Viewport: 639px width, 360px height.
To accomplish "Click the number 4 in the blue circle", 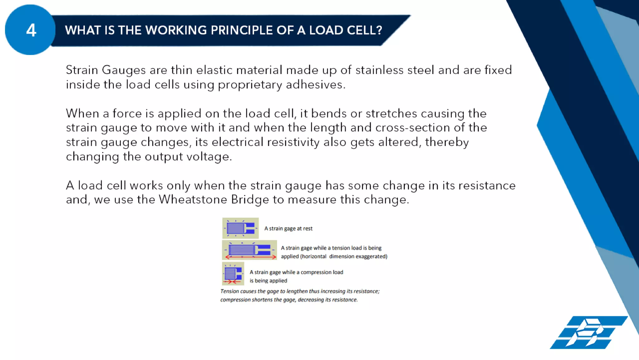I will tap(31, 30).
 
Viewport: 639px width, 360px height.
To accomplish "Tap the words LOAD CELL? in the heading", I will tap(346, 30).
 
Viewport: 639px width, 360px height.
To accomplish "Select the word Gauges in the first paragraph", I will tap(124, 70).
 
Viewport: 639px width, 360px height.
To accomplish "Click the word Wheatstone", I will tap(193, 200).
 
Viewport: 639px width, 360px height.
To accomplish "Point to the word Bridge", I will tap(250, 200).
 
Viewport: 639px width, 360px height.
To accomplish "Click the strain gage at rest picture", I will tap(240, 228).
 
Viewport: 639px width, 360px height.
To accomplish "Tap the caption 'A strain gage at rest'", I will tap(288, 229).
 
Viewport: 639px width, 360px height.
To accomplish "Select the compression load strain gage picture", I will tap(233, 274).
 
